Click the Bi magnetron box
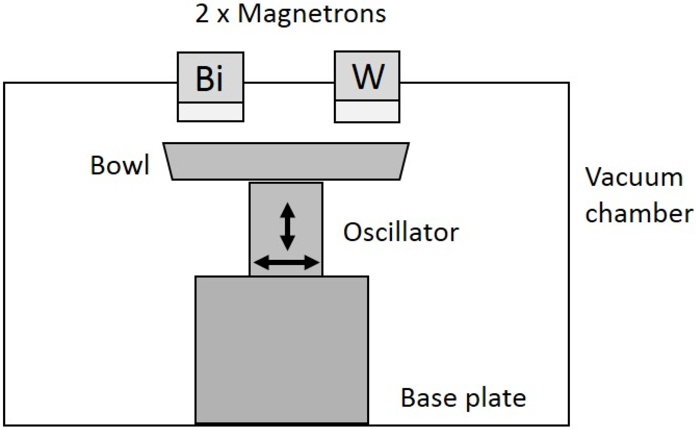coord(210,77)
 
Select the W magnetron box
coord(367,76)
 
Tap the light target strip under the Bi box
coord(210,111)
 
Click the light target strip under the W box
coord(367,111)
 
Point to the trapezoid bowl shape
coord(286,161)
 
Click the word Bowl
coord(120,165)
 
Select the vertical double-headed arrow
coord(288,226)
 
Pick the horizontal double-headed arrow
coord(286,263)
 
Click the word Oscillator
coord(401,232)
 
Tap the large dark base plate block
coord(282,349)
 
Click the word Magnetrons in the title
coord(312,14)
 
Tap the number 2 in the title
coord(202,14)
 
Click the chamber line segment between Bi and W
coord(289,82)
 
